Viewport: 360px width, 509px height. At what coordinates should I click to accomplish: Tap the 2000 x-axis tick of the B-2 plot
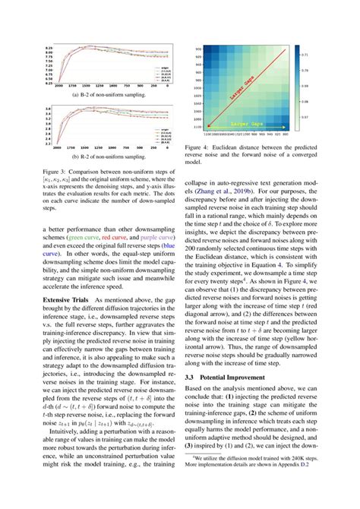(47, 85)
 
